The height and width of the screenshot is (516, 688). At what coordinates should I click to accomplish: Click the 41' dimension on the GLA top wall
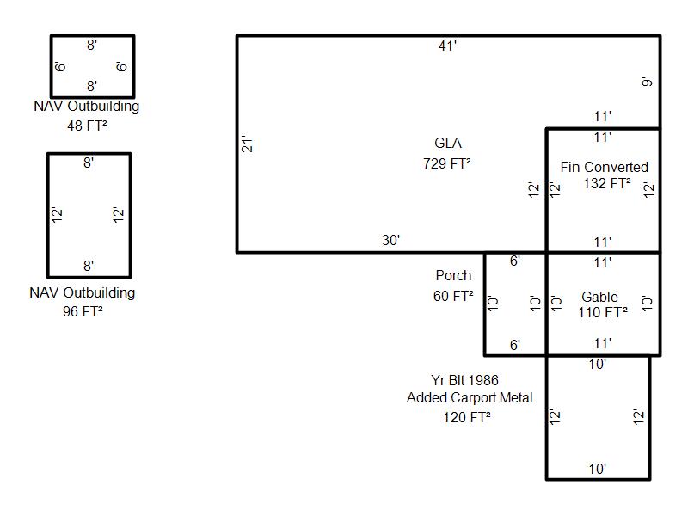pyautogui.click(x=447, y=46)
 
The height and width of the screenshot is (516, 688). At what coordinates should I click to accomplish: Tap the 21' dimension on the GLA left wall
pyautogui.click(x=248, y=144)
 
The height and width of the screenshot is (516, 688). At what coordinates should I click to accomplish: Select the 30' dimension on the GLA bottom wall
pyautogui.click(x=390, y=241)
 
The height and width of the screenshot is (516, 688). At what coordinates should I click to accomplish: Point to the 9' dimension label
pyautogui.click(x=648, y=82)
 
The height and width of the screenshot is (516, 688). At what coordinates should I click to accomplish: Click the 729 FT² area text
pyautogui.click(x=447, y=163)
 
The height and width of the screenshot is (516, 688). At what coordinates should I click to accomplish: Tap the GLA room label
pyautogui.click(x=448, y=143)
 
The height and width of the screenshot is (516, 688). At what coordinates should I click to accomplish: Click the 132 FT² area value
pyautogui.click(x=607, y=183)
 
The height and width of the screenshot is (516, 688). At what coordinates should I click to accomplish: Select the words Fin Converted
pyautogui.click(x=605, y=167)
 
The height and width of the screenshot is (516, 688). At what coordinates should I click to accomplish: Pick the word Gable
pyautogui.click(x=599, y=297)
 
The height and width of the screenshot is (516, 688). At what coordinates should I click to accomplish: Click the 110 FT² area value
pyautogui.click(x=603, y=312)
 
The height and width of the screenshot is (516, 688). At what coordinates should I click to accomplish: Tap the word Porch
pyautogui.click(x=454, y=275)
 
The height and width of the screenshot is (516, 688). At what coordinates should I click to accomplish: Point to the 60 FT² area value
pyautogui.click(x=453, y=296)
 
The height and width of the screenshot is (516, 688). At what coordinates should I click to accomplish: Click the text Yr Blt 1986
pyautogui.click(x=464, y=380)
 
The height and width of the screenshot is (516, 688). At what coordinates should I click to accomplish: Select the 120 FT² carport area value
pyautogui.click(x=466, y=417)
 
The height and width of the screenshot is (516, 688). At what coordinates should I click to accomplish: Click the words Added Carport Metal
pyautogui.click(x=470, y=398)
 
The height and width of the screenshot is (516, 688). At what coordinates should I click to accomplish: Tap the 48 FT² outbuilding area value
pyautogui.click(x=87, y=126)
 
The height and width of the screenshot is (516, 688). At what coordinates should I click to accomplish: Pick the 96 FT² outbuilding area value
pyautogui.click(x=83, y=311)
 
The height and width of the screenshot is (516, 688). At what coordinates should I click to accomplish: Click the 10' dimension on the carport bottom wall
pyautogui.click(x=598, y=469)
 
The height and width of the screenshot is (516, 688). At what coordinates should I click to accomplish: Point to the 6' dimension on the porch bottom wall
pyautogui.click(x=515, y=346)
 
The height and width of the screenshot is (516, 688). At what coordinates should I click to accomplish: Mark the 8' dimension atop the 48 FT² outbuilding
pyautogui.click(x=92, y=46)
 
